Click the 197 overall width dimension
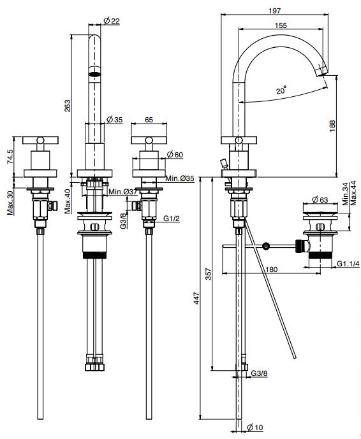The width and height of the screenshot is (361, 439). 274,11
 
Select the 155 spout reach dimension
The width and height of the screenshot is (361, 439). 281,25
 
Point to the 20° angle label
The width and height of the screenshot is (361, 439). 281,90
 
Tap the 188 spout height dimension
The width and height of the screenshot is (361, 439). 332,126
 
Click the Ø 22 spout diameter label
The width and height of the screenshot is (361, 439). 112,21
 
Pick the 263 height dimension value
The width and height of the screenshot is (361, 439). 68,106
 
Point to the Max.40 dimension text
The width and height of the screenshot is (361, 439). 68,201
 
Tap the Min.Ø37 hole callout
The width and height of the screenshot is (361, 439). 122,192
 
